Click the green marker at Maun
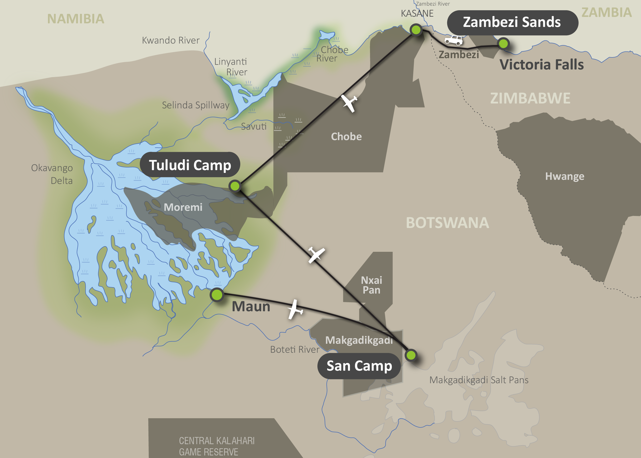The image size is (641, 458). coord(217,295)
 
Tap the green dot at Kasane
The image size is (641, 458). coord(416,30)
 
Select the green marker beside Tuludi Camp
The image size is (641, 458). coord(235,186)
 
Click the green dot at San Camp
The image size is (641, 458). coord(411,355)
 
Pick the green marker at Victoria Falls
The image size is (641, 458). coord(503,44)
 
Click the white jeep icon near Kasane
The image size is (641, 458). coord(454,40)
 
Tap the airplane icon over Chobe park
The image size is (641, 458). coord(349,103)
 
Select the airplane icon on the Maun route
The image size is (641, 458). coord(295,309)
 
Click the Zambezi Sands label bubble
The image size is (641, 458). coord(512,23)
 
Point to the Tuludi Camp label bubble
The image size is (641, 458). coord(190,165)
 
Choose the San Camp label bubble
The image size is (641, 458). coord(359,366)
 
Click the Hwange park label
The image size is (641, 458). coord(565,176)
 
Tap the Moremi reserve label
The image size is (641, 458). coord(183,207)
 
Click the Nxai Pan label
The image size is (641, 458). coord(372,285)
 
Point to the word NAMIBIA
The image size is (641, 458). coord(76,19)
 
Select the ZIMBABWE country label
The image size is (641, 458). coord(530,98)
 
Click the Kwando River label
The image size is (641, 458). coord(171,40)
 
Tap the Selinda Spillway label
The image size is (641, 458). coord(196,105)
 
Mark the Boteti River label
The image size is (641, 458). coord(295,349)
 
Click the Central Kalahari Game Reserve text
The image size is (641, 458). coord(216,446)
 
